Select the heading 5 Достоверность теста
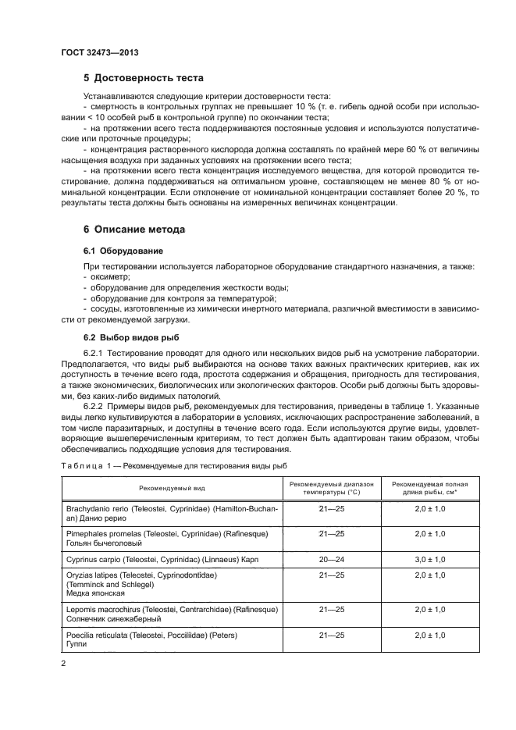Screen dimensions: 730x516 click(x=144, y=78)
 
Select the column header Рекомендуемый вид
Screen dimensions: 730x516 click(x=173, y=487)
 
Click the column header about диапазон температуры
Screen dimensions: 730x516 click(x=332, y=487)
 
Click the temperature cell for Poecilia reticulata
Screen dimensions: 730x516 click(x=332, y=635)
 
